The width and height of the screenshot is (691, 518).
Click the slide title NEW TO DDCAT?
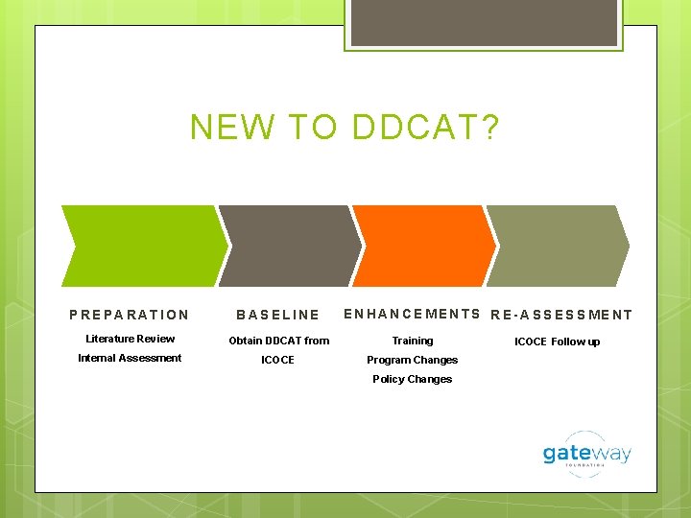[x=345, y=127]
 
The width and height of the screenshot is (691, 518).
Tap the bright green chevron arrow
[x=142, y=246]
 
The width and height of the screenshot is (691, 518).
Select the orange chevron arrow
[x=422, y=246]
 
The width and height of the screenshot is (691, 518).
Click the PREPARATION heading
[x=130, y=315]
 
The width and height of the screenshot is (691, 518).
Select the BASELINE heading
[x=278, y=315]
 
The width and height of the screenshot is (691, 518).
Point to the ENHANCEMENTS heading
[x=412, y=314]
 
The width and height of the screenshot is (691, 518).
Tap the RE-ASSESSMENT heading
[x=561, y=315]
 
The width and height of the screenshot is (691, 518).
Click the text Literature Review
[x=130, y=339]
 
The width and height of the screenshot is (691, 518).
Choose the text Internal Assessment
[x=130, y=358]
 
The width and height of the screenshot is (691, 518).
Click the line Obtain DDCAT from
[x=278, y=341]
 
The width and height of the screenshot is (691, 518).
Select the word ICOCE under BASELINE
[x=278, y=360]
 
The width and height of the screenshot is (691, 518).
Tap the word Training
[x=412, y=341]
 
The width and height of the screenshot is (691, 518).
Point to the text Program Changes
[x=412, y=360]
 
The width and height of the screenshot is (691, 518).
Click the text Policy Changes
[x=412, y=379]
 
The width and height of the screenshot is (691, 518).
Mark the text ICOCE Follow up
[x=557, y=341]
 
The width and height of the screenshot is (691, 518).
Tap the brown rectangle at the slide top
[x=483, y=22]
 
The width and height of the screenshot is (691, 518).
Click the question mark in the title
[x=490, y=127]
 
